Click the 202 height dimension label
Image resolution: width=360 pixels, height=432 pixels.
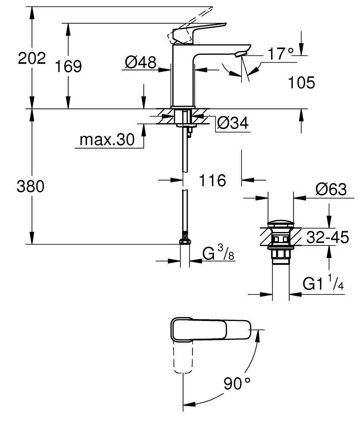(x=32, y=58)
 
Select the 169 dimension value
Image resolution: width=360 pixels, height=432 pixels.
(x=68, y=67)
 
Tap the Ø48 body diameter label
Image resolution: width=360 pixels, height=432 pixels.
(x=140, y=63)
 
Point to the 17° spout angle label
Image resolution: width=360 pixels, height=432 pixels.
(x=280, y=54)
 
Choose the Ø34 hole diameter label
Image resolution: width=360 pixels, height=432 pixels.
(x=233, y=124)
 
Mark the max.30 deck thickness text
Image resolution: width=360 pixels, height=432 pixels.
(x=107, y=140)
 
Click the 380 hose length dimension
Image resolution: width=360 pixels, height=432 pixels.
(x=31, y=187)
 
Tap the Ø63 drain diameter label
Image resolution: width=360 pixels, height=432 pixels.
(x=331, y=189)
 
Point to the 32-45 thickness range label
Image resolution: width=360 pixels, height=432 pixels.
(x=327, y=237)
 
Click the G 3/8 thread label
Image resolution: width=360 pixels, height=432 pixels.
(x=218, y=254)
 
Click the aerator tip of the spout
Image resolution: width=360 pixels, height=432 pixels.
(x=240, y=54)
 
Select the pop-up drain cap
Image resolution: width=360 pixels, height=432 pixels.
(x=280, y=224)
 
